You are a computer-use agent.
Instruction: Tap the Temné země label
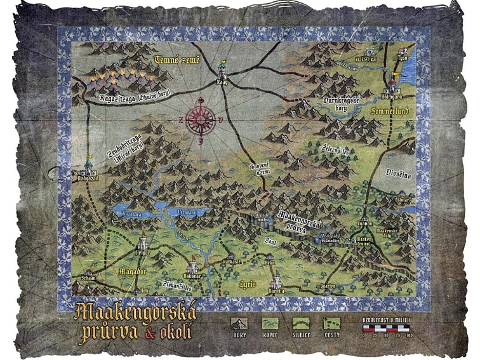(x=177, y=61)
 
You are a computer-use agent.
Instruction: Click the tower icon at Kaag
(x=222, y=69)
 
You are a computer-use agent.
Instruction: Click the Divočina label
(x=397, y=173)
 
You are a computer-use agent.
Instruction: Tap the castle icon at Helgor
(x=143, y=242)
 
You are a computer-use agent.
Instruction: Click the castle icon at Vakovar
(x=192, y=265)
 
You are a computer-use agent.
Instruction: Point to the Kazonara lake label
(x=131, y=216)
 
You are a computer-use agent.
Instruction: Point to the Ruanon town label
(x=365, y=223)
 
